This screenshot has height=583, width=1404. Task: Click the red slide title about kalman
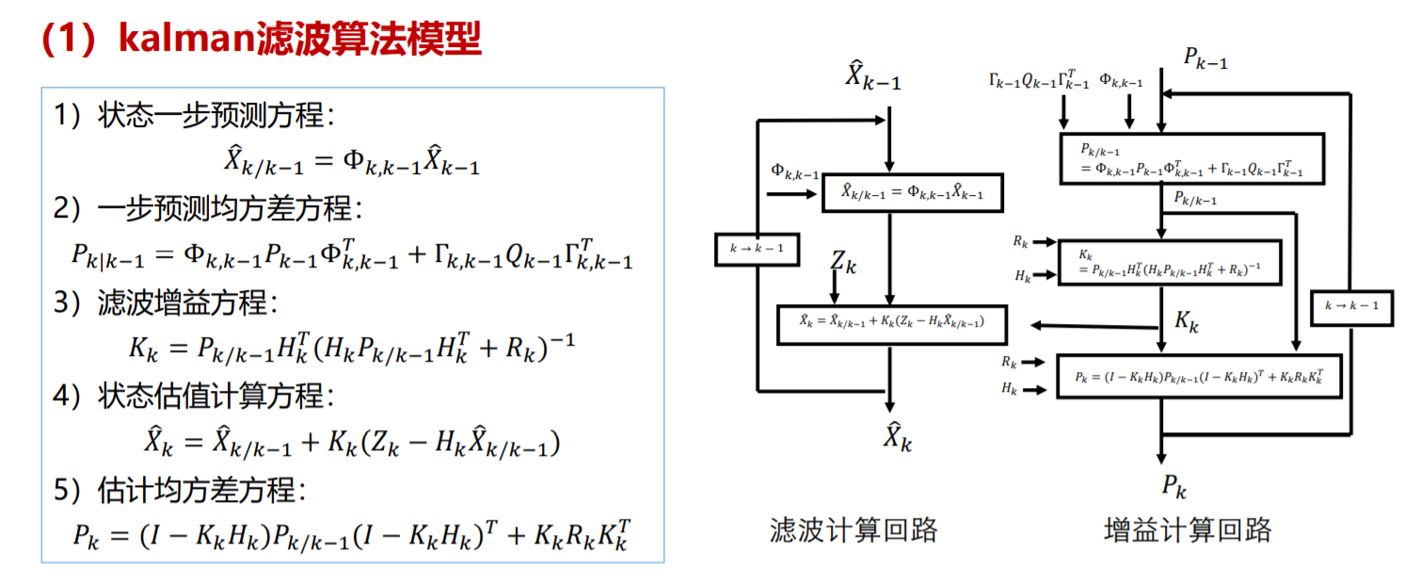point(261,40)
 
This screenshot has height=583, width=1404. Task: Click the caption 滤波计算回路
point(854,529)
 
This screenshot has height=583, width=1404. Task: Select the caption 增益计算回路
point(1188,529)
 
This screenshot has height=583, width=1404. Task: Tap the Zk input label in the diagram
point(843,261)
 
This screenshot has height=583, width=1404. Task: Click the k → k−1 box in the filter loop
point(757,250)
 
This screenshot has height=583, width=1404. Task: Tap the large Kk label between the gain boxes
point(1187,321)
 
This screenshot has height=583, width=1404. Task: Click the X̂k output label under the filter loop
point(896,436)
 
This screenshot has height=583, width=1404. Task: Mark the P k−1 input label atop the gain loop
point(1205,58)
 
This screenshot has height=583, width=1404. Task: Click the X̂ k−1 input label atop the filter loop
point(871,75)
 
